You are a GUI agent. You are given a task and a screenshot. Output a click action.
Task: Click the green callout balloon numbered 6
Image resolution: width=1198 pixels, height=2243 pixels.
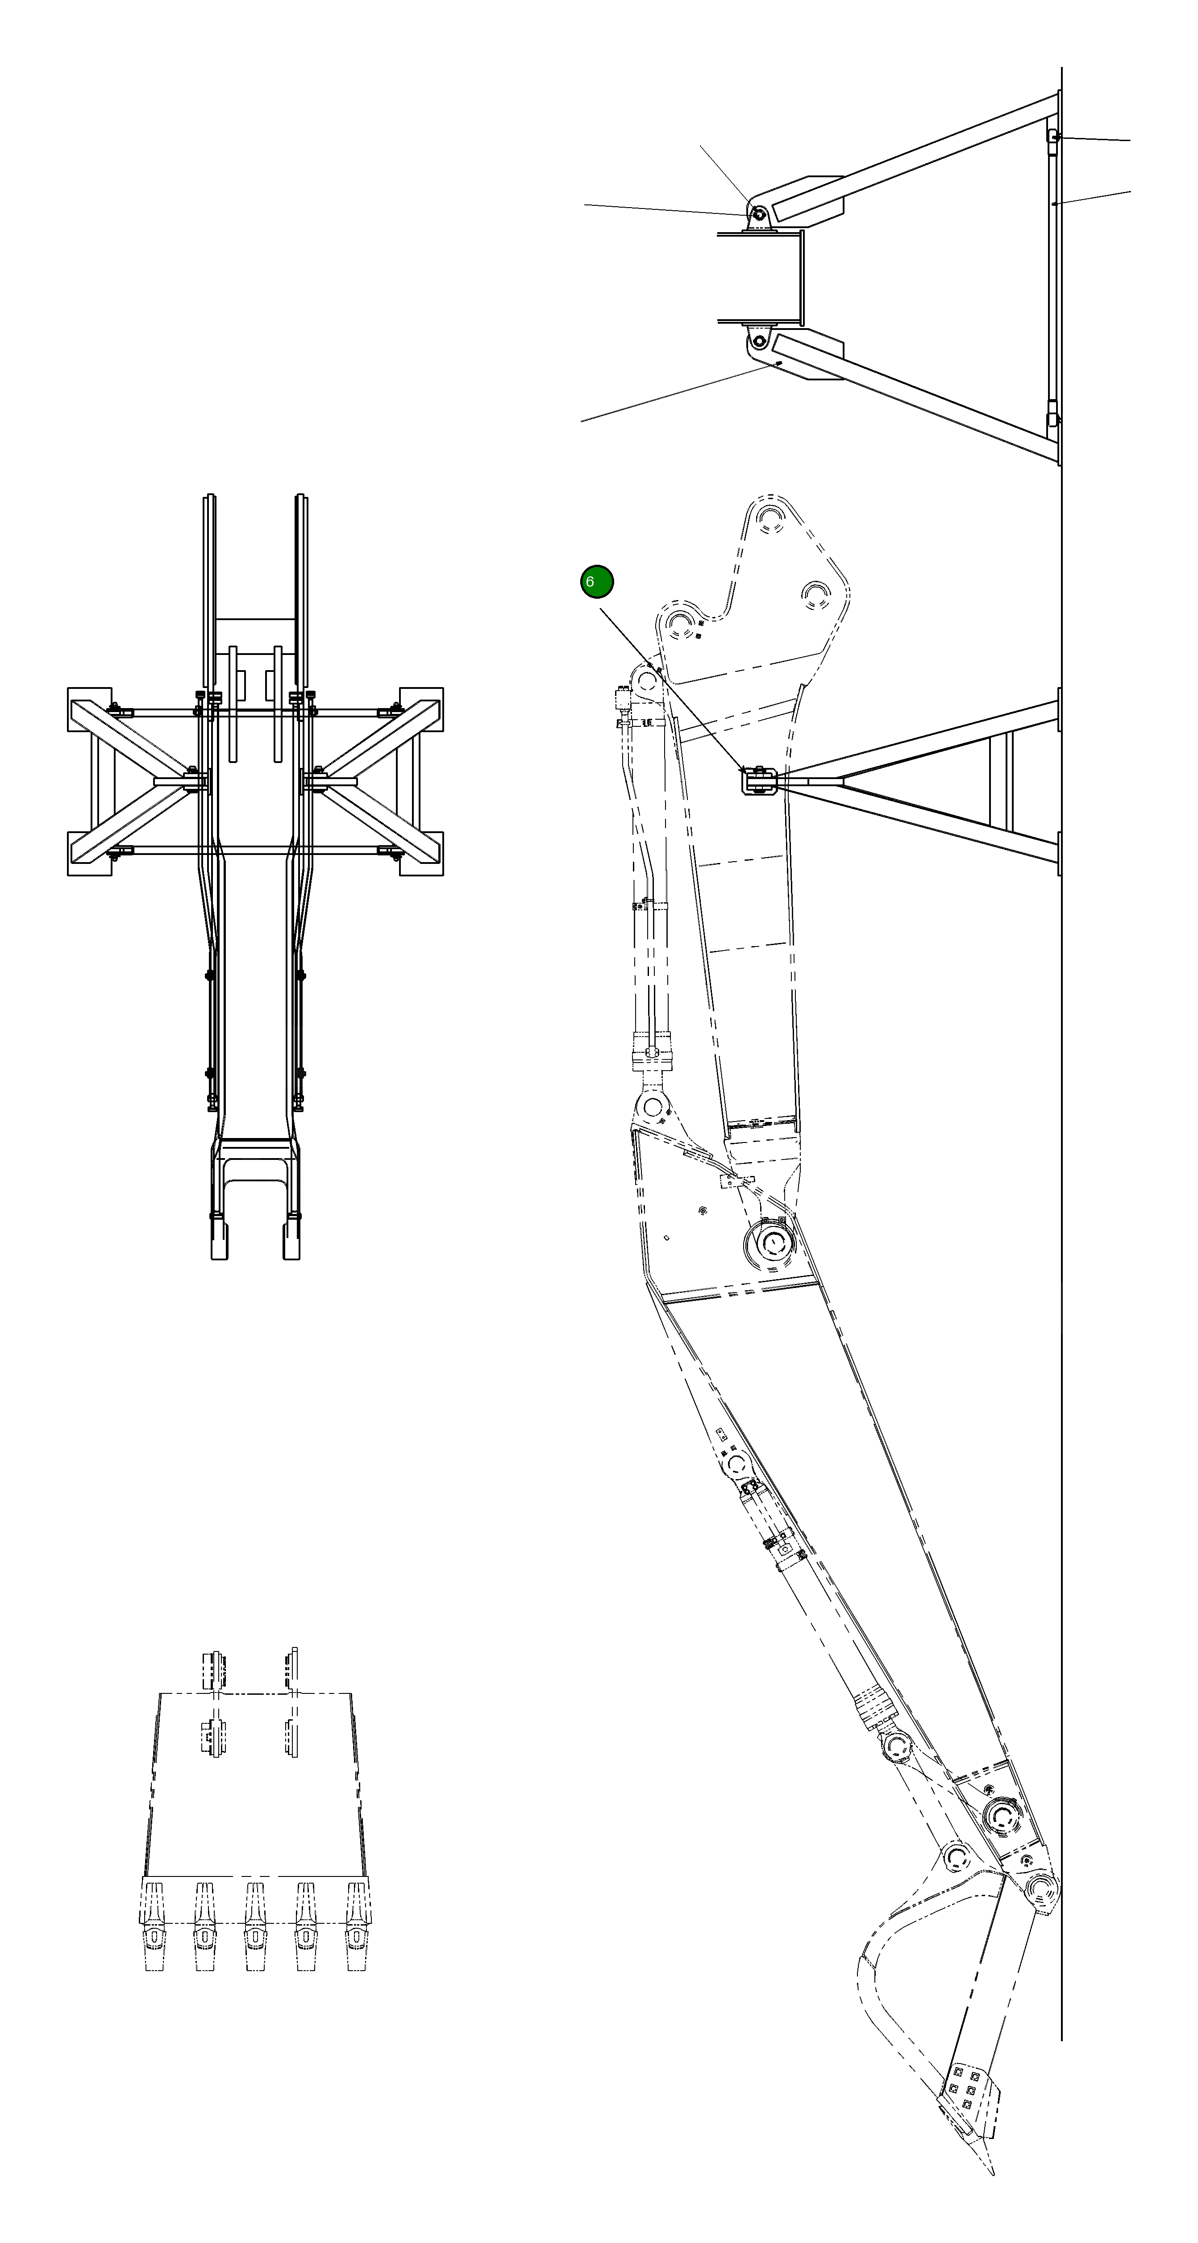(x=596, y=582)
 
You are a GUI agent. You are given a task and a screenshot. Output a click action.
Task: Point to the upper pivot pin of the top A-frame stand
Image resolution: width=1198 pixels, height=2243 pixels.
(x=757, y=213)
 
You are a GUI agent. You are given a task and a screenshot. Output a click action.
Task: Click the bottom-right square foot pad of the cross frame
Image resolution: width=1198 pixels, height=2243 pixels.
(x=421, y=853)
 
